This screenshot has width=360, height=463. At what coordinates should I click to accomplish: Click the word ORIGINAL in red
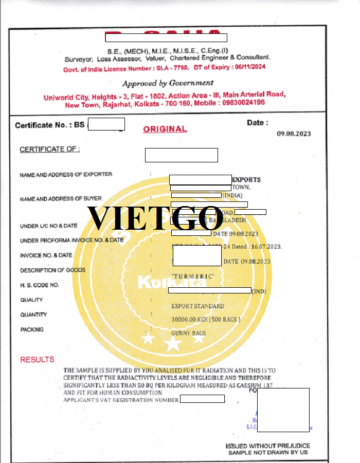pyautogui.click(x=165, y=129)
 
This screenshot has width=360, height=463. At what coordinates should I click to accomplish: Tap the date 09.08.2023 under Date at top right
pyautogui.click(x=294, y=134)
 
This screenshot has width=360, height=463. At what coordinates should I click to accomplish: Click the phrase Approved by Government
pyautogui.click(x=168, y=83)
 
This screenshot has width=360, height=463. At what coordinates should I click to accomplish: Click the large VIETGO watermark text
pyautogui.click(x=156, y=218)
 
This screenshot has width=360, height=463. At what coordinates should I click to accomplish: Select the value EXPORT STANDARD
pyautogui.click(x=197, y=306)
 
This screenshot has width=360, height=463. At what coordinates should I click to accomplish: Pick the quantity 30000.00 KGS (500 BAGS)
pyautogui.click(x=206, y=320)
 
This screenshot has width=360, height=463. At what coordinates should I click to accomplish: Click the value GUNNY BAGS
pyautogui.click(x=189, y=333)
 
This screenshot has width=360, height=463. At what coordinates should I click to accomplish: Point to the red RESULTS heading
pyautogui.click(x=37, y=360)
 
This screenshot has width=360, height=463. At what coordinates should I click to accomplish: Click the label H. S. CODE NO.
pyautogui.click(x=40, y=285)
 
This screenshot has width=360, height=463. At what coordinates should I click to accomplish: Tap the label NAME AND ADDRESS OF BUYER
pyautogui.click(x=61, y=199)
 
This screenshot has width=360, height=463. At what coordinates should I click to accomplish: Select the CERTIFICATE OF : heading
pyautogui.click(x=49, y=150)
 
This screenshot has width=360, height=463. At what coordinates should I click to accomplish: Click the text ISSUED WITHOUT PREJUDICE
pyautogui.click(x=268, y=446)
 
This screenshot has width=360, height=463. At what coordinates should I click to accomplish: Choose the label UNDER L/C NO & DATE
pyautogui.click(x=49, y=226)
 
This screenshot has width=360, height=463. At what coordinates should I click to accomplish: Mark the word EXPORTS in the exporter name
pyautogui.click(x=246, y=180)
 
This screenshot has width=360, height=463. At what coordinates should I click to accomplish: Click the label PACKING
pyautogui.click(x=32, y=330)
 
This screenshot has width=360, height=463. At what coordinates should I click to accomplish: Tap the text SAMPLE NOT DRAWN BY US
pyautogui.click(x=268, y=452)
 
